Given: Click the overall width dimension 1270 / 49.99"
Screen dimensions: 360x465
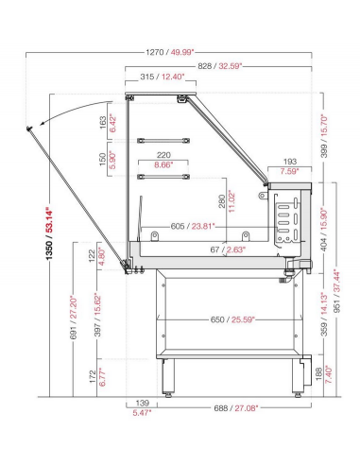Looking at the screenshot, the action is [x=170, y=52].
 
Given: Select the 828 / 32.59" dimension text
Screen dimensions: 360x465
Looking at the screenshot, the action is [x=220, y=66].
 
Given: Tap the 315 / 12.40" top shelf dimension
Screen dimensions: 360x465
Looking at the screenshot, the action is [x=163, y=77].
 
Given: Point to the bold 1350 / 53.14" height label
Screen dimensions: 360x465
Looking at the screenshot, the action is [x=50, y=233].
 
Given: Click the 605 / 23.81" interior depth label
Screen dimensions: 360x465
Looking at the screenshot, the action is [x=193, y=226].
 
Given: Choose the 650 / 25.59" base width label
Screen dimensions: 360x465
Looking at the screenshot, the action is [x=232, y=319].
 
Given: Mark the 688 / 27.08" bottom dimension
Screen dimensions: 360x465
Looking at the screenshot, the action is [x=236, y=408].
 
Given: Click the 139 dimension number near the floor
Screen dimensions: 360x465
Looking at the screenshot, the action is [x=142, y=403].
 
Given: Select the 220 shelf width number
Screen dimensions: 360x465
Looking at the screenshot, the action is [x=163, y=155].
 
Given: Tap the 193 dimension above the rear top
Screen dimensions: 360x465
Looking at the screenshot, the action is [x=290, y=162].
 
